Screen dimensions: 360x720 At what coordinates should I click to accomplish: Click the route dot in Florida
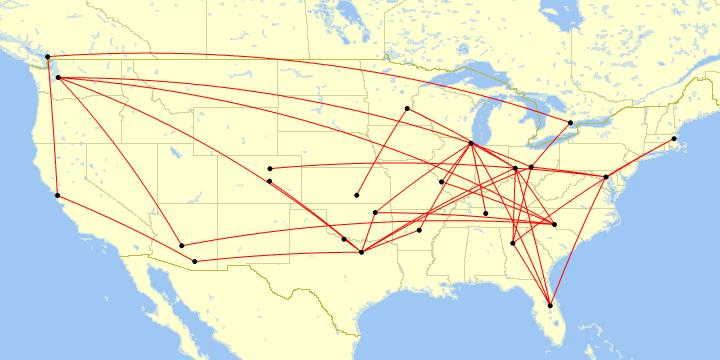[x=550, y=305]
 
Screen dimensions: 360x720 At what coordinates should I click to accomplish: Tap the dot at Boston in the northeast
[x=674, y=138]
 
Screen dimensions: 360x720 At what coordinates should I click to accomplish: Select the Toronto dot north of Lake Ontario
[x=570, y=123]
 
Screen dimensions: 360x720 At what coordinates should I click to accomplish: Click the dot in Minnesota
[x=407, y=108]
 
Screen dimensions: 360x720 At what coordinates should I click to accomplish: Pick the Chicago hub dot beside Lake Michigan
[x=471, y=144]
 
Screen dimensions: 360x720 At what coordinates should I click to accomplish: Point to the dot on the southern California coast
[x=58, y=195]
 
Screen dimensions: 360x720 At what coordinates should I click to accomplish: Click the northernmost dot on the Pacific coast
[x=48, y=56]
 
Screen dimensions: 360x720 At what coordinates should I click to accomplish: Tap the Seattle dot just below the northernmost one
[x=58, y=77]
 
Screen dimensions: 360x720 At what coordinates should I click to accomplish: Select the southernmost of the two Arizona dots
[x=194, y=261]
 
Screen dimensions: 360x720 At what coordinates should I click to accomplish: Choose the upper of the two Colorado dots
[x=270, y=168]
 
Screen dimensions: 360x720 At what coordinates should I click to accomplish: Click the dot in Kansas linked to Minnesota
[x=357, y=195]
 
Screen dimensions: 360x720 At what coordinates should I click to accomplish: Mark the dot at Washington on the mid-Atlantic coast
[x=606, y=177]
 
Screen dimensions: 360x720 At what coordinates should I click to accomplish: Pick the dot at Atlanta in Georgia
[x=513, y=243]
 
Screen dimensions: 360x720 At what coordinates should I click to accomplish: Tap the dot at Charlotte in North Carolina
[x=554, y=224]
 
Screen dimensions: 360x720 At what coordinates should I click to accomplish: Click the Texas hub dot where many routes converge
[x=361, y=252]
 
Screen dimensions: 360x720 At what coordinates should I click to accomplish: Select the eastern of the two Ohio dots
[x=532, y=166]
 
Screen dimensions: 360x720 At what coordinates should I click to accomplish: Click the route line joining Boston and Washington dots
[x=640, y=158]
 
